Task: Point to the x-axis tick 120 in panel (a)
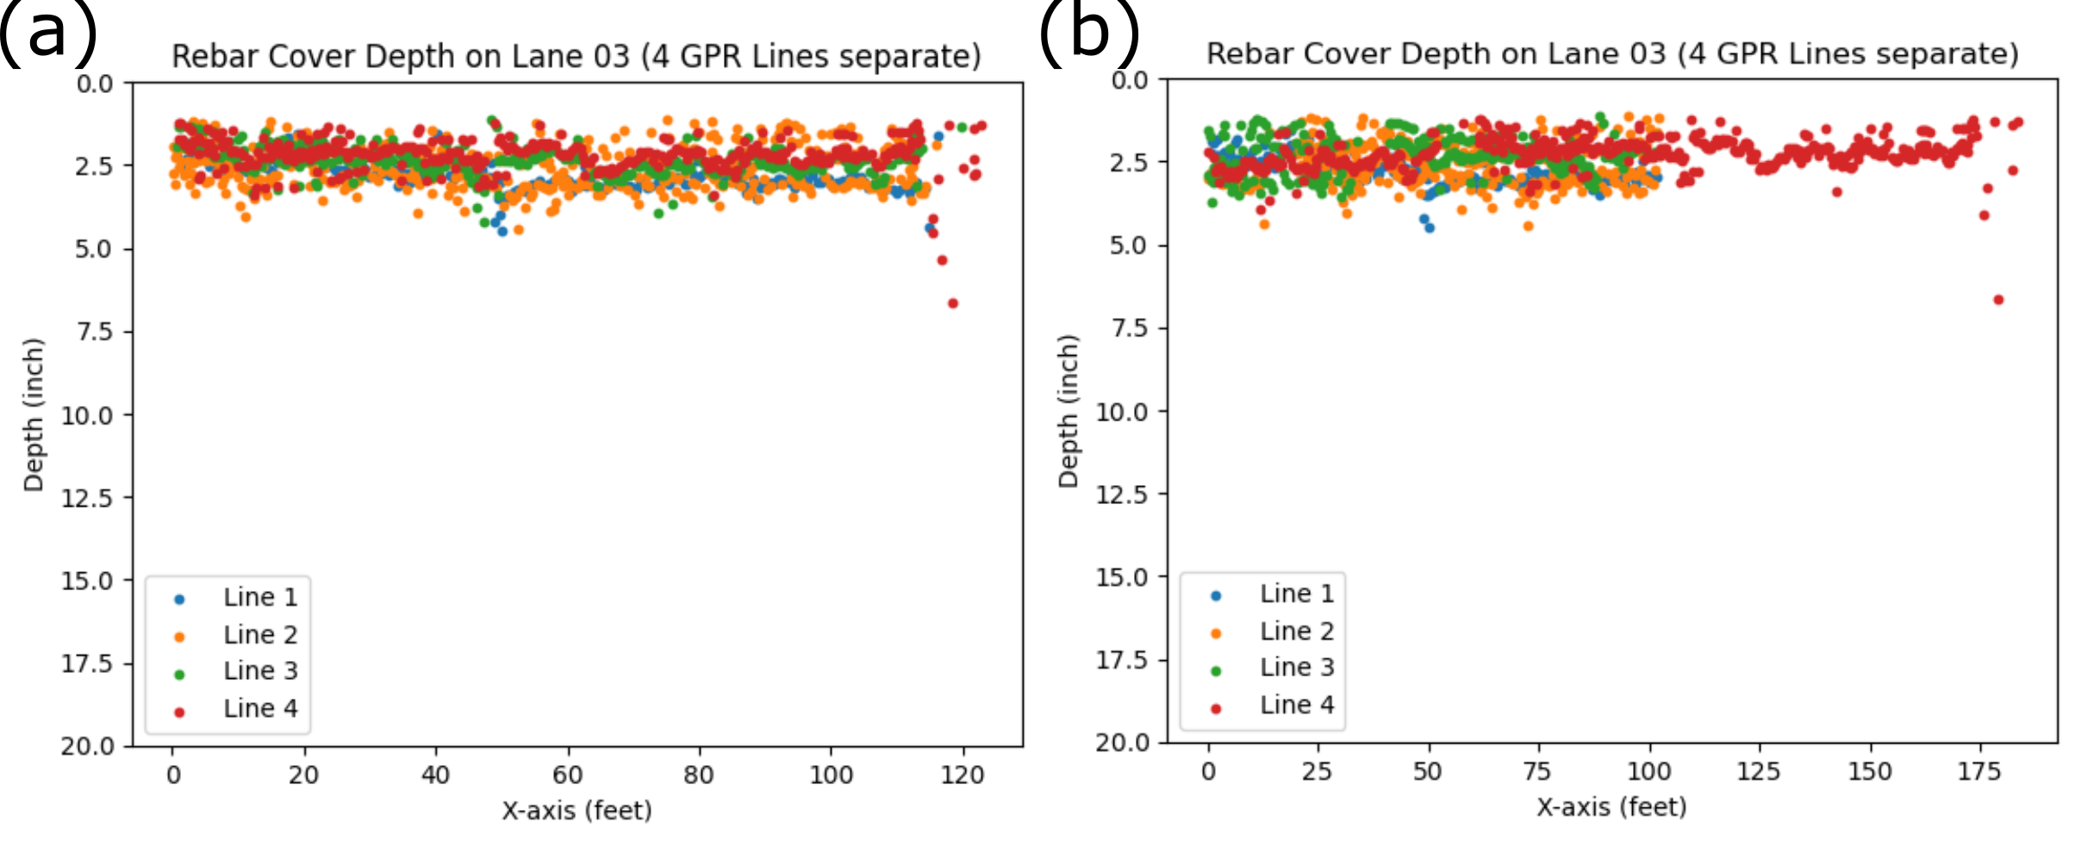[x=963, y=776]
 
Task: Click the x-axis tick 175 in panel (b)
[x=1978, y=772]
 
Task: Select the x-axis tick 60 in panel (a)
[x=568, y=776]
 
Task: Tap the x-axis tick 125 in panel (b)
[x=1759, y=772]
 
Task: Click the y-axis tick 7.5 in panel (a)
[x=95, y=332]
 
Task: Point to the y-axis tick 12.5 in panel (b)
[x=1121, y=495]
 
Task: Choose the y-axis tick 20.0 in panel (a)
[x=88, y=746]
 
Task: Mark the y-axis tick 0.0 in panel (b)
[x=1130, y=81]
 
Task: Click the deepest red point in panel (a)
[x=952, y=303]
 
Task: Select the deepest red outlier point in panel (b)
[x=1998, y=300]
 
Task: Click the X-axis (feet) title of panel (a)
[x=576, y=811]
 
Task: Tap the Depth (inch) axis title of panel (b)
[x=1069, y=411]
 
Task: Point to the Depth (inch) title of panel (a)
[x=34, y=414]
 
